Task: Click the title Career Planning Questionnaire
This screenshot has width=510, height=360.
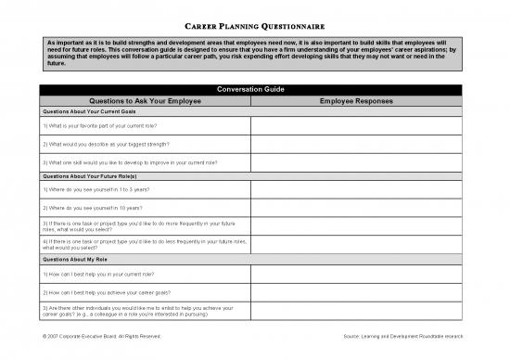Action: pyautogui.click(x=254, y=26)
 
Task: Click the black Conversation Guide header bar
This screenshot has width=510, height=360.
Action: pyautogui.click(x=250, y=89)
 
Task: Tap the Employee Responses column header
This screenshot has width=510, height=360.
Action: pyautogui.click(x=355, y=100)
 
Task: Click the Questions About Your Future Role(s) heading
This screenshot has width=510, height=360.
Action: pyautogui.click(x=90, y=174)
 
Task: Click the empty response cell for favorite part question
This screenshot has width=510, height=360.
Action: pyautogui.click(x=355, y=124)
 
